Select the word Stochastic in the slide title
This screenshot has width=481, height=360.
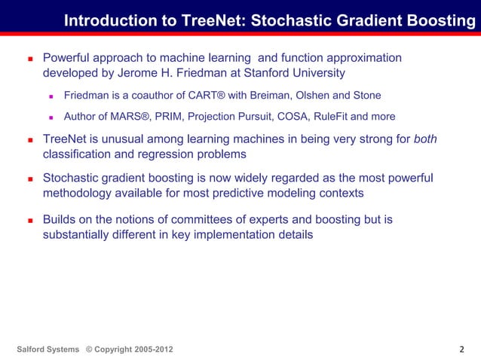pos(288,21)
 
